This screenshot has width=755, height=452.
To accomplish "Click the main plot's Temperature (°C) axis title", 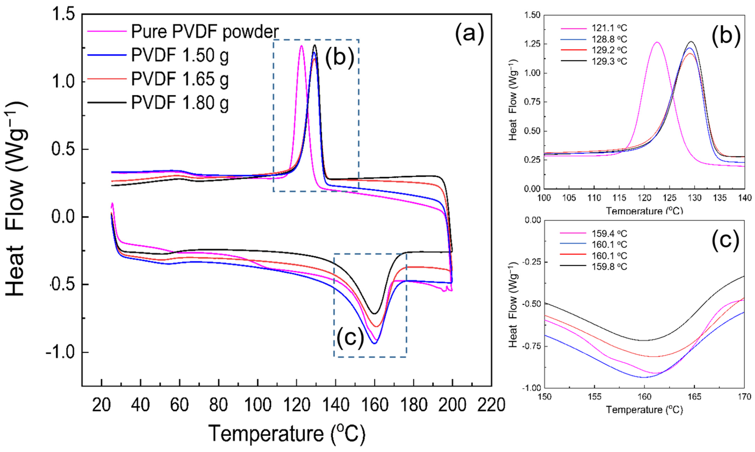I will (x=286, y=433).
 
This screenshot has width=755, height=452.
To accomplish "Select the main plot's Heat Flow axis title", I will (x=15, y=199).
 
